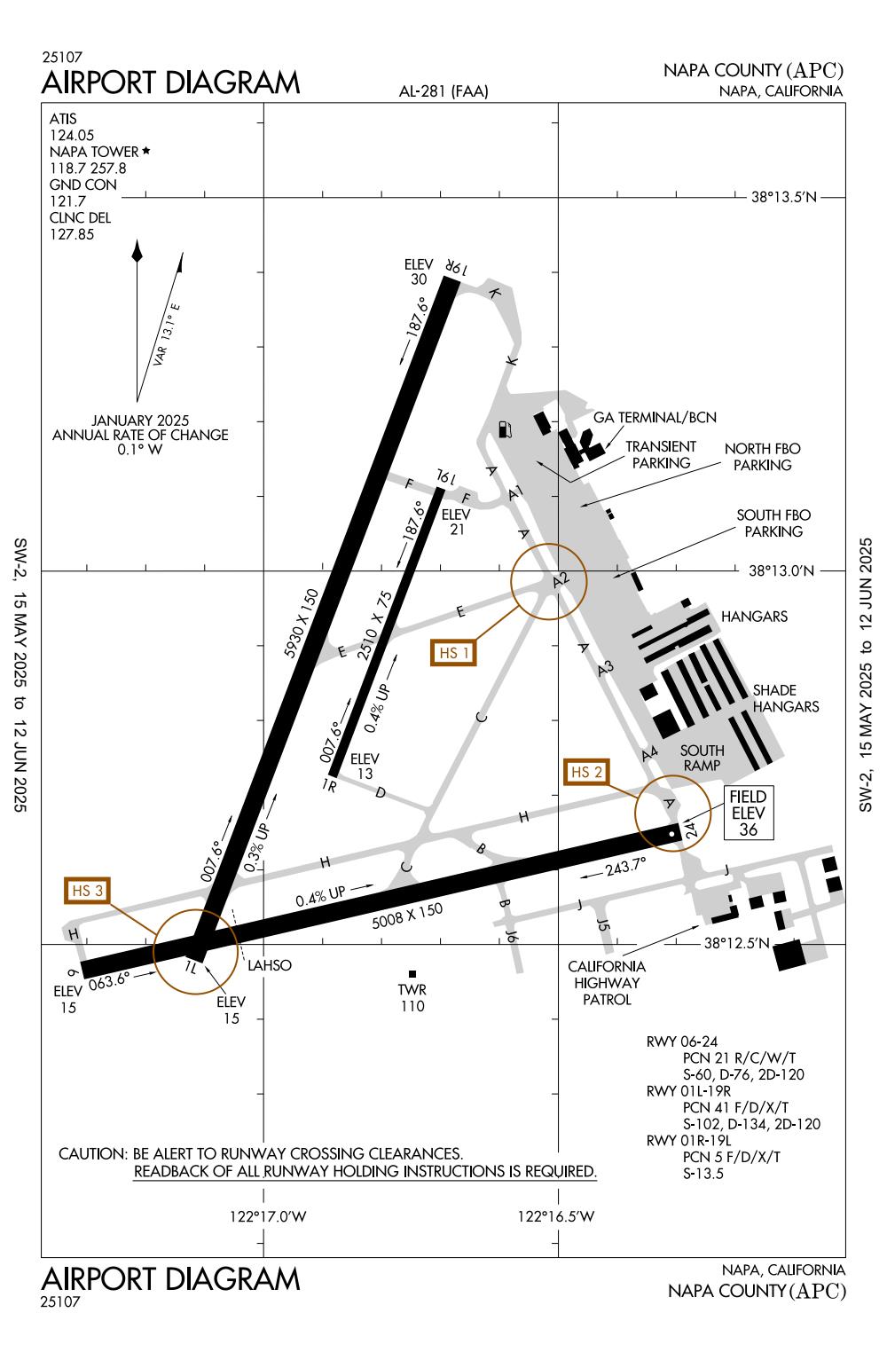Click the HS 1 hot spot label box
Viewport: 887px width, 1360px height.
[453, 652]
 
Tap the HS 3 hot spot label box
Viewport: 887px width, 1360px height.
[86, 891]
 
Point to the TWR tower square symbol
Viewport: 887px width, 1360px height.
[412, 974]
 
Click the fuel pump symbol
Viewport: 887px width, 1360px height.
[506, 429]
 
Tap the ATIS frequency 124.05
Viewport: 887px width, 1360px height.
[72, 135]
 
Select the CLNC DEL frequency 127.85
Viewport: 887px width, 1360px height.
[72, 234]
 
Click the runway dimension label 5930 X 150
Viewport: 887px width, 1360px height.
[302, 621]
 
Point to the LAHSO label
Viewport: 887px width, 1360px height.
[270, 965]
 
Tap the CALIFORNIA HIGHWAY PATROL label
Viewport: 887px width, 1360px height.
[608, 982]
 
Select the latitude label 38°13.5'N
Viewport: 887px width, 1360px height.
[784, 197]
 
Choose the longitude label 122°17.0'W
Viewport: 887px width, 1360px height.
[267, 1216]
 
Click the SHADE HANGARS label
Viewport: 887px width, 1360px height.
[785, 698]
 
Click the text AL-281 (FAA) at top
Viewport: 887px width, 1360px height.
[444, 91]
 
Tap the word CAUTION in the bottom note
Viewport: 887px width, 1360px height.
[92, 1154]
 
